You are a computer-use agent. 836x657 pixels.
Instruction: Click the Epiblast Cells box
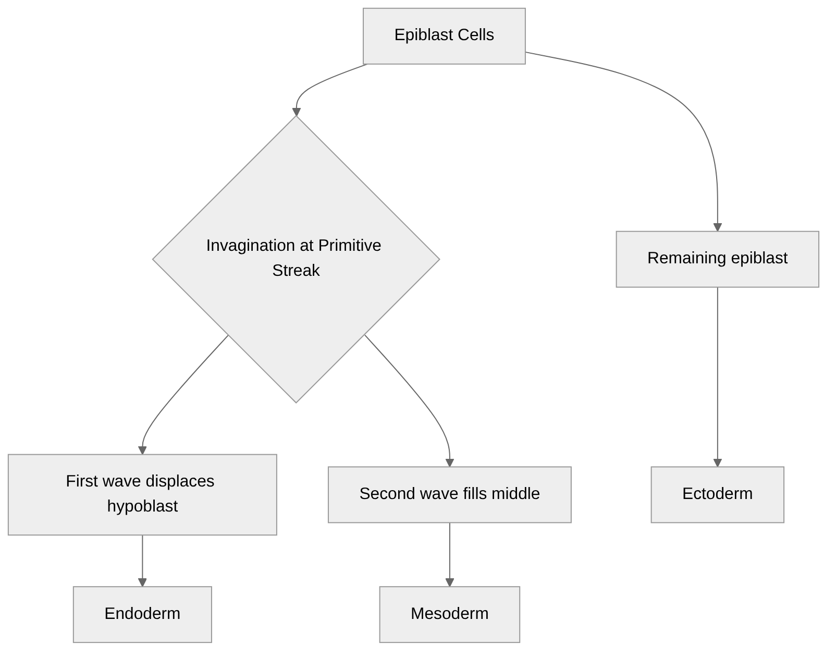pos(444,36)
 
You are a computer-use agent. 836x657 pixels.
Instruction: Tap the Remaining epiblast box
pos(717,259)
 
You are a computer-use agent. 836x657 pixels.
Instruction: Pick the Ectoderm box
pos(717,494)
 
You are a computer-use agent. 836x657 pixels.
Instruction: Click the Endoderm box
pos(142,614)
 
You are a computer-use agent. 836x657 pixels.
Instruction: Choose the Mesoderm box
pos(449,614)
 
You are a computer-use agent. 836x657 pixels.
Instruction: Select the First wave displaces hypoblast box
pos(142,494)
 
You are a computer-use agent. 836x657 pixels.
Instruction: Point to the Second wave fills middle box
pos(449,494)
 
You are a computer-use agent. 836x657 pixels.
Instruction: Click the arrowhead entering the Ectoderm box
pos(717,463)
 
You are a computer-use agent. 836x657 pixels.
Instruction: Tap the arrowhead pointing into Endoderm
pos(142,582)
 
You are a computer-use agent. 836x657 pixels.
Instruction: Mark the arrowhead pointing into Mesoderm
pos(450,582)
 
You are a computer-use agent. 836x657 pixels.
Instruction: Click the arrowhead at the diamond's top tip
pos(296,112)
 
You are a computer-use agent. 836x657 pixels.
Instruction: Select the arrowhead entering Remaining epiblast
pos(717,227)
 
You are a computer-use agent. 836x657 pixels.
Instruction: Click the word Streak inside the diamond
pos(296,271)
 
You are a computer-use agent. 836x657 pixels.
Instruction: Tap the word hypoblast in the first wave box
pos(142,506)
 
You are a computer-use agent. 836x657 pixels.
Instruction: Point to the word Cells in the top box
pos(476,35)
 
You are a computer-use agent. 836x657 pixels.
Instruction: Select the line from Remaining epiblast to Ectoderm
pos(717,375)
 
